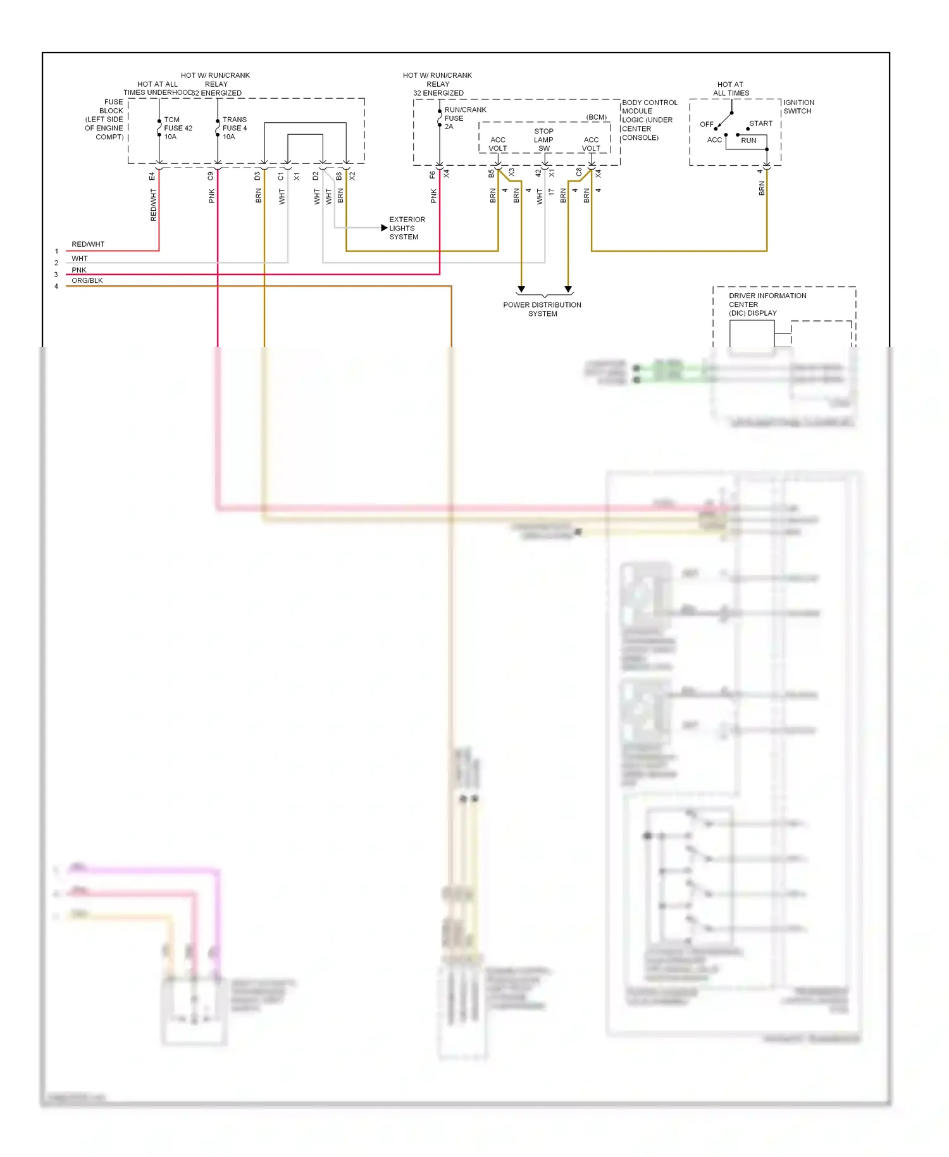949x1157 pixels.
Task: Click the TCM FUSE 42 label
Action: (x=178, y=128)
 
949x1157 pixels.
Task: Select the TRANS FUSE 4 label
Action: (x=234, y=128)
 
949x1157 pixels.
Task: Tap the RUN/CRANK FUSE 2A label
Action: (x=464, y=118)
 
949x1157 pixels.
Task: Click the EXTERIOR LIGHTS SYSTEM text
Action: (x=407, y=228)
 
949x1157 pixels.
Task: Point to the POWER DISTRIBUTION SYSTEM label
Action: (x=542, y=309)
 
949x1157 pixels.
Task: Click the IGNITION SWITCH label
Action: (x=798, y=106)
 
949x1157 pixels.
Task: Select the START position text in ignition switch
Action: (x=760, y=123)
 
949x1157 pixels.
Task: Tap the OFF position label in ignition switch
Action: (x=706, y=124)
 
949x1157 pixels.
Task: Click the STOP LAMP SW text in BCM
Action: (x=543, y=140)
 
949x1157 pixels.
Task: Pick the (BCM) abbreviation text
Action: (x=596, y=117)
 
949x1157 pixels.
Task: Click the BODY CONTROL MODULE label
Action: (x=649, y=120)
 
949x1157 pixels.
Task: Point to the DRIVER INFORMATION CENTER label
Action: (x=767, y=304)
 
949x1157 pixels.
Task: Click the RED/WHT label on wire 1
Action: (x=88, y=244)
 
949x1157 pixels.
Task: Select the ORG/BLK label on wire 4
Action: (x=87, y=280)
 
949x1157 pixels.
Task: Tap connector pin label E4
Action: (x=152, y=176)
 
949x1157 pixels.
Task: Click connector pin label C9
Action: (x=211, y=176)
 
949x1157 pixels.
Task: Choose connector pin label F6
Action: (x=433, y=175)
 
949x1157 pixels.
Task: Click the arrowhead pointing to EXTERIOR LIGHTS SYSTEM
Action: (x=384, y=228)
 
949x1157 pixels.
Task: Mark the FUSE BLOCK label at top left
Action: (x=105, y=119)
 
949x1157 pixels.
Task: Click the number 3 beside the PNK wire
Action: (x=56, y=275)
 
